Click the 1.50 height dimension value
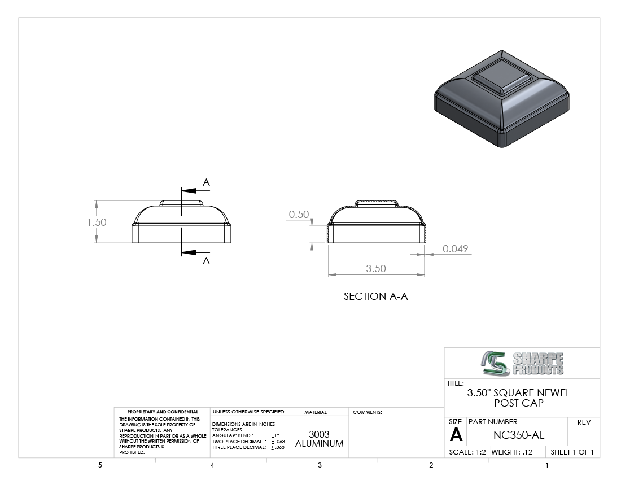(97, 222)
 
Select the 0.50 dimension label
(299, 214)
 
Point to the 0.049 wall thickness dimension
(455, 248)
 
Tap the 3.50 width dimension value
(376, 268)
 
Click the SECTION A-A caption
(375, 296)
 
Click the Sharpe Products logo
(522, 363)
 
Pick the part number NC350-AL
(518, 435)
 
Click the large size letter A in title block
(456, 435)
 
